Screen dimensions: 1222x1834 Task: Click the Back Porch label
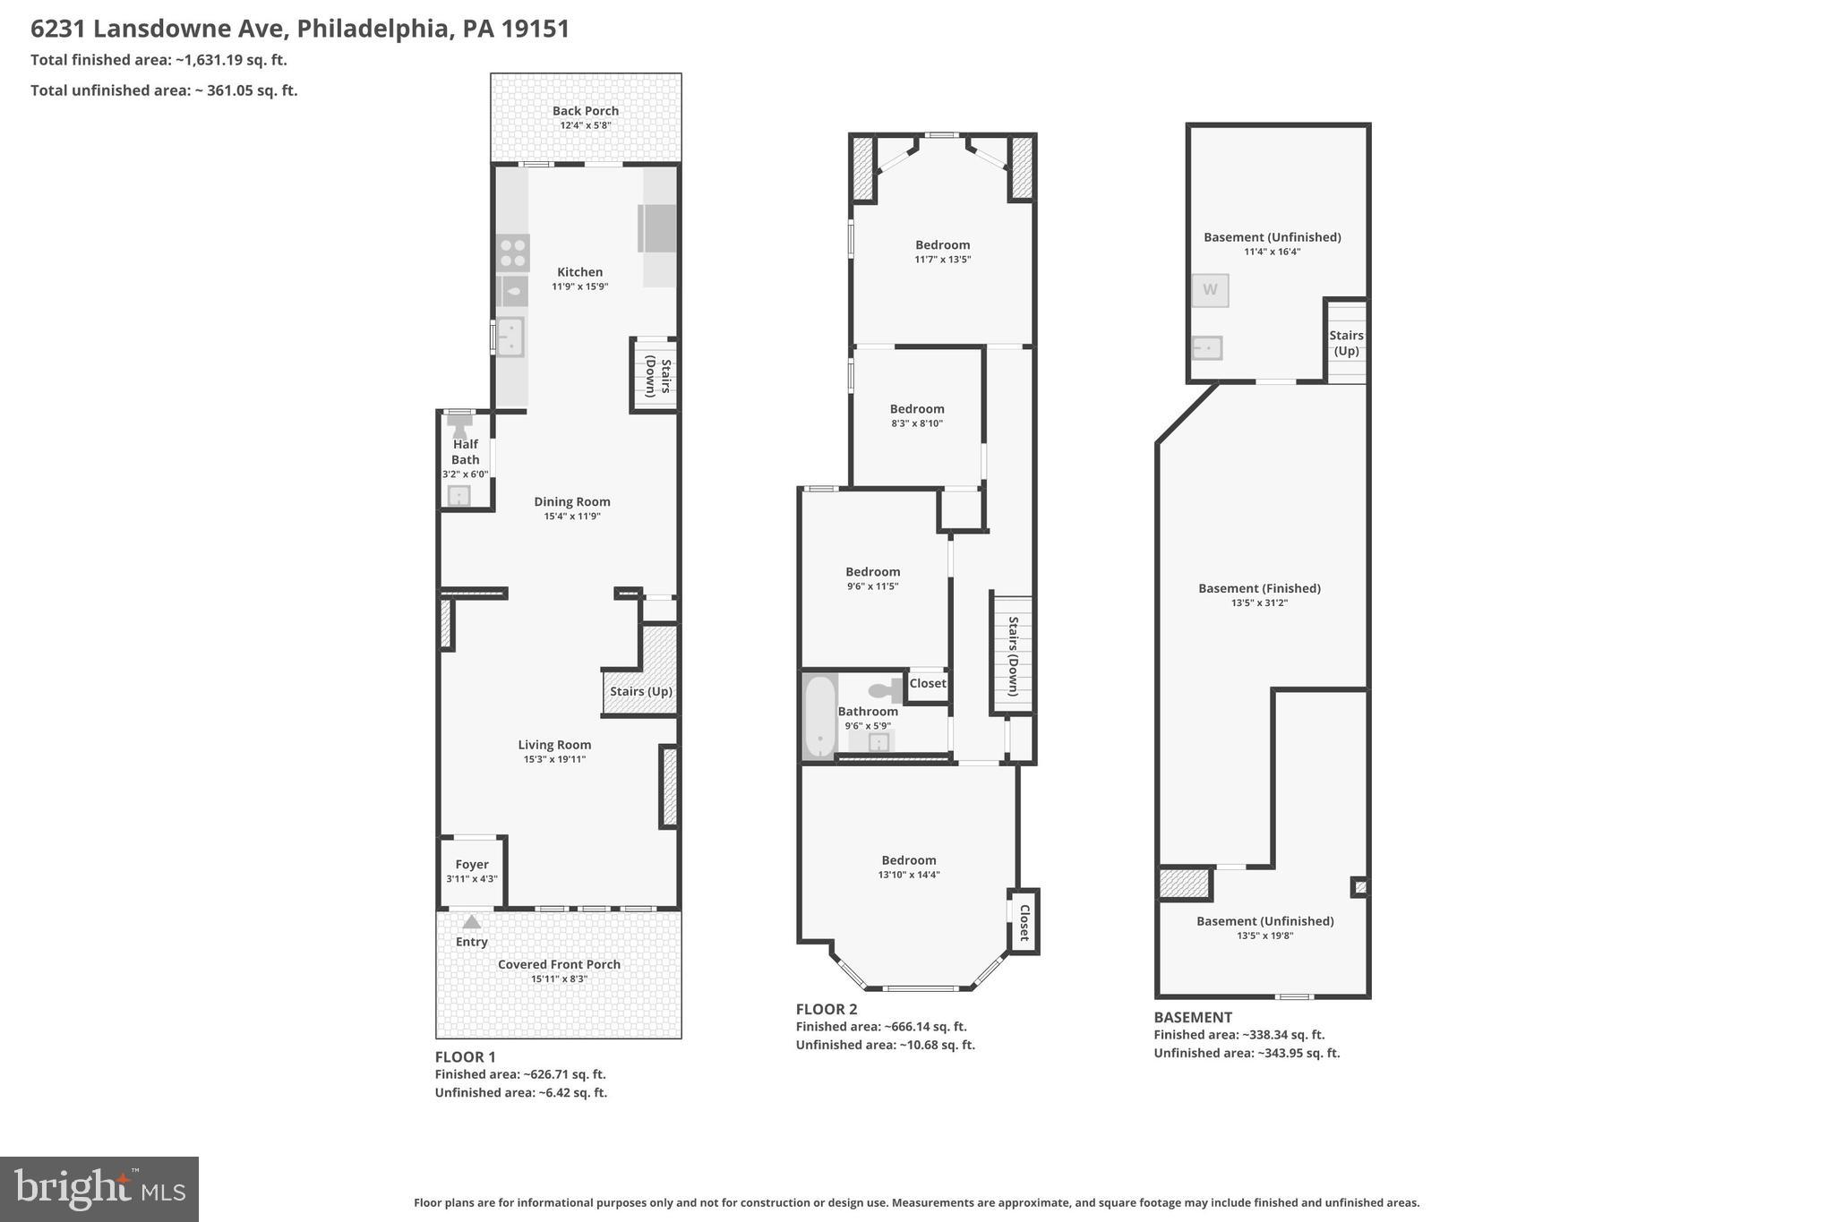[585, 111]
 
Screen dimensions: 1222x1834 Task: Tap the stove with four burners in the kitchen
[512, 252]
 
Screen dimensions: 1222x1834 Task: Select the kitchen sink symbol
[510, 338]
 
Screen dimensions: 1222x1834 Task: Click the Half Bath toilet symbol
[459, 424]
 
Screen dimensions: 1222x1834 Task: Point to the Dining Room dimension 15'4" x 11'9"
[572, 517]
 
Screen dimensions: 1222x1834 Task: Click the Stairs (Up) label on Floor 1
[640, 691]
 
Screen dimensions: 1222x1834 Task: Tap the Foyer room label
[472, 864]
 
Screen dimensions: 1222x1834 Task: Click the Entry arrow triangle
[471, 922]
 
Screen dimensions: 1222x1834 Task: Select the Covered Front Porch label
[559, 964]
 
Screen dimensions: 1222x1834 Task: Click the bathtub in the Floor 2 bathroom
[819, 717]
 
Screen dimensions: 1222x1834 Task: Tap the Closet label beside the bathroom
[928, 683]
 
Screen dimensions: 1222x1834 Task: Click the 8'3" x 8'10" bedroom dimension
[917, 423]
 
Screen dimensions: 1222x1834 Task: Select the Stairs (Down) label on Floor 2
[1013, 656]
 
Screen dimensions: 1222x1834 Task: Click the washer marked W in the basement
[1210, 290]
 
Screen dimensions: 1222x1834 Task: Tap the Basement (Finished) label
[1259, 588]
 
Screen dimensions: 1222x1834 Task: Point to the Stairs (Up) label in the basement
[1346, 343]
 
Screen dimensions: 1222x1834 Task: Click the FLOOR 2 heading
[827, 1009]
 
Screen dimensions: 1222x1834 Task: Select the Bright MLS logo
[99, 1189]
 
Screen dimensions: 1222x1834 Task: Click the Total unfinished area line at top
[164, 90]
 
